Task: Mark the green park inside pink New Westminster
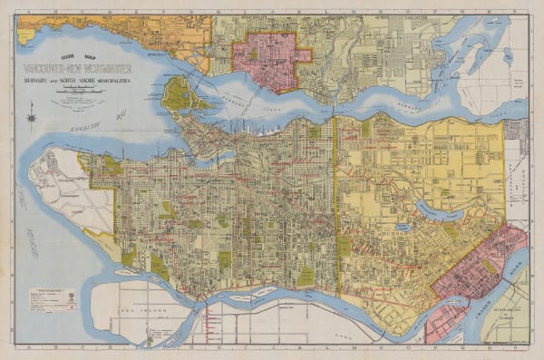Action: click(x=490, y=268)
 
